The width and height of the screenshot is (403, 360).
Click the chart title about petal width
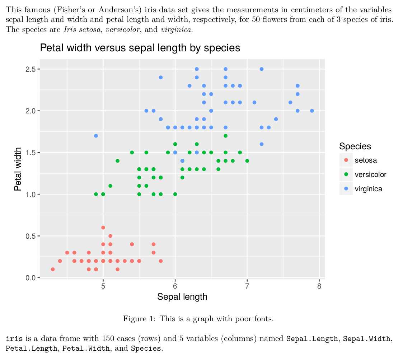(140, 48)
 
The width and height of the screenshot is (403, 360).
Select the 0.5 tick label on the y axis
(30, 236)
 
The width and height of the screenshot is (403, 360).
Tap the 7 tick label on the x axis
(247, 286)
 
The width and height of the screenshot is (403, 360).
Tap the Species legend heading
(355, 146)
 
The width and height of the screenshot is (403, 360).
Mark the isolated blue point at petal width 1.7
(96, 136)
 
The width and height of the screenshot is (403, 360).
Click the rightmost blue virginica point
(312, 111)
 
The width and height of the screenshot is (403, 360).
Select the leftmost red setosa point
(53, 269)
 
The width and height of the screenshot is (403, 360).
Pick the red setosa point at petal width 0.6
(103, 228)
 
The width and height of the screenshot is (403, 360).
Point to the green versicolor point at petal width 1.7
(225, 136)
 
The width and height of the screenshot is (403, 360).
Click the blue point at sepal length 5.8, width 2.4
(161, 77)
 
